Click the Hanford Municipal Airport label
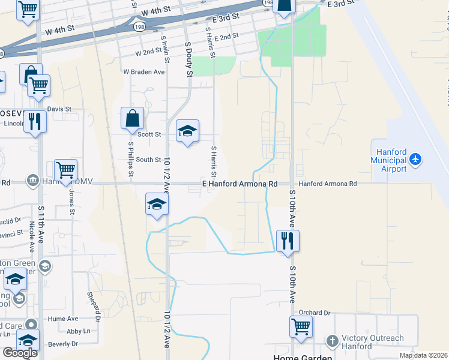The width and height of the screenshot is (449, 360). click(x=389, y=160)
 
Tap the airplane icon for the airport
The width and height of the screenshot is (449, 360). click(x=415, y=160)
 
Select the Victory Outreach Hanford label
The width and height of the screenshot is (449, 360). click(x=373, y=342)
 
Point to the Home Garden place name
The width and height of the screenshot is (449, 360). click(x=299, y=357)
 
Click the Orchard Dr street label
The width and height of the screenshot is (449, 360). click(x=315, y=313)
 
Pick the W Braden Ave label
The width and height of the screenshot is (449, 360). click(x=144, y=72)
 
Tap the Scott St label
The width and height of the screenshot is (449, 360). click(x=149, y=134)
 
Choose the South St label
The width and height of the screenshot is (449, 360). click(x=148, y=160)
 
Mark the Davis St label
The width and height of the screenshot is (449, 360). click(x=59, y=109)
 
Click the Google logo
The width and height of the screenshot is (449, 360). click(x=20, y=353)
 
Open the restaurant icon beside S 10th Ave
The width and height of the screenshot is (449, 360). click(x=288, y=241)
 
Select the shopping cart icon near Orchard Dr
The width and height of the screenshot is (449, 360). click(x=301, y=327)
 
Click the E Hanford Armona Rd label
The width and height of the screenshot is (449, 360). click(x=240, y=184)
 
